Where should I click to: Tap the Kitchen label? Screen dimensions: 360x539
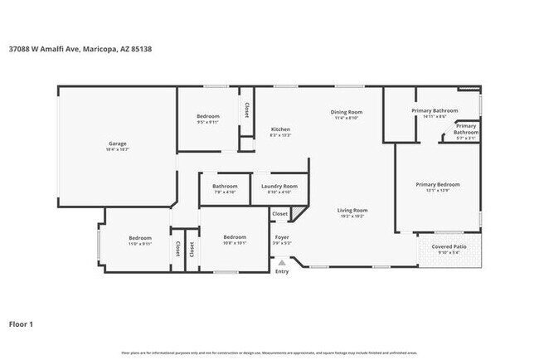click(280, 129)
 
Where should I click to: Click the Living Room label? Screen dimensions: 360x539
click(352, 210)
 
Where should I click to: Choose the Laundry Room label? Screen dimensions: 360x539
click(279, 186)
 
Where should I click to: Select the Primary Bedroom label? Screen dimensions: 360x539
click(437, 184)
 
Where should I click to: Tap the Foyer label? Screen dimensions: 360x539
click(282, 237)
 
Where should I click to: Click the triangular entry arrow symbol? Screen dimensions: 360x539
click(282, 263)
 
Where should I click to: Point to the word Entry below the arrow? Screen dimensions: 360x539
click(282, 271)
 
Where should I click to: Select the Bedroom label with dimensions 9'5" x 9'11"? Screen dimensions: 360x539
click(207, 116)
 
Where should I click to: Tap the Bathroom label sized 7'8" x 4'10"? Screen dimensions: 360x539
click(225, 186)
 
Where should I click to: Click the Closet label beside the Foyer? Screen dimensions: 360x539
click(280, 213)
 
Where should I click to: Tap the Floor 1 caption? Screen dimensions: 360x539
click(22, 324)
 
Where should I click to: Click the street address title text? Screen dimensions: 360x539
click(80, 48)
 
